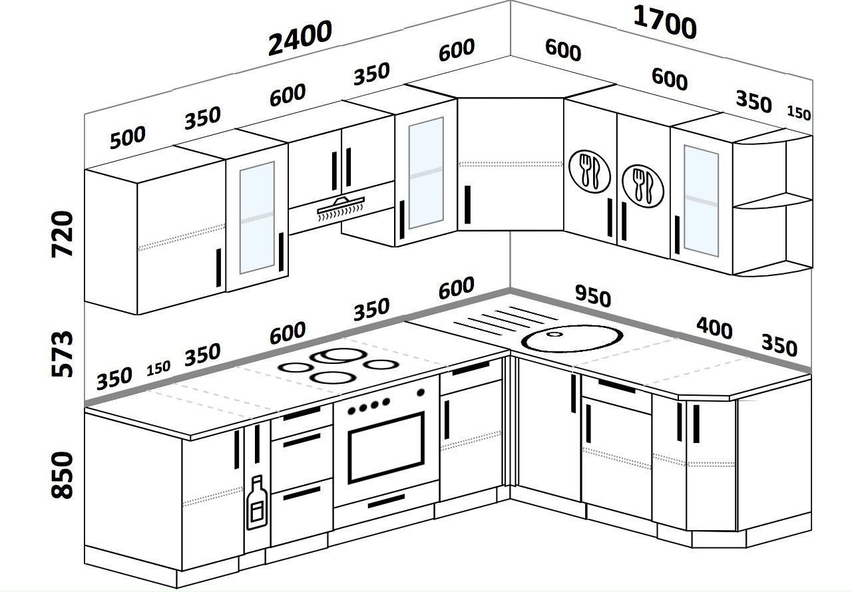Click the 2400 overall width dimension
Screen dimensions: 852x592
click(x=300, y=38)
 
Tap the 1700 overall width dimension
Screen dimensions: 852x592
click(x=665, y=23)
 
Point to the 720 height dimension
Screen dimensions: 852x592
click(x=62, y=234)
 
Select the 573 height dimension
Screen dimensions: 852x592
click(x=62, y=354)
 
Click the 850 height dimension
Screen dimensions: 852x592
click(x=62, y=475)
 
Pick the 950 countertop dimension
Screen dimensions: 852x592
click(x=593, y=295)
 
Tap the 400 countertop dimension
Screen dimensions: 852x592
click(x=714, y=328)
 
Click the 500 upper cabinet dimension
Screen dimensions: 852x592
click(x=127, y=138)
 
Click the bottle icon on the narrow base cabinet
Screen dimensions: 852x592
click(x=257, y=502)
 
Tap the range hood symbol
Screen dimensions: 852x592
click(x=341, y=208)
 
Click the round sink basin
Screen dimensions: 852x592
click(x=572, y=338)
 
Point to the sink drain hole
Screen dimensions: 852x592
click(x=554, y=335)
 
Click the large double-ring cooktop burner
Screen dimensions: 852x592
click(x=339, y=356)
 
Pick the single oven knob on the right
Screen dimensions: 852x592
click(x=421, y=393)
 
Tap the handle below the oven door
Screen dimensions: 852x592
click(x=386, y=501)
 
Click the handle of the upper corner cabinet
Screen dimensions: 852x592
click(x=467, y=205)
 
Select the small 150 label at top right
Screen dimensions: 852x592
click(x=799, y=113)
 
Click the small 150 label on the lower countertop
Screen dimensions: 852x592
click(x=158, y=369)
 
